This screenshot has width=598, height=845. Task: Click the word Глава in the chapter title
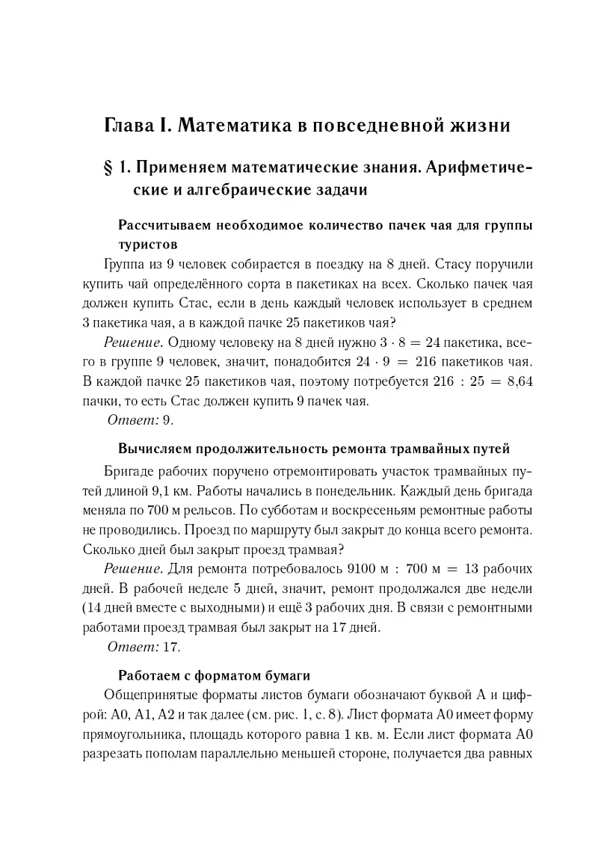(131, 125)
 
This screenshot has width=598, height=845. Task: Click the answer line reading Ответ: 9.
(141, 420)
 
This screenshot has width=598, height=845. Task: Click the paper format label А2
(172, 714)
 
